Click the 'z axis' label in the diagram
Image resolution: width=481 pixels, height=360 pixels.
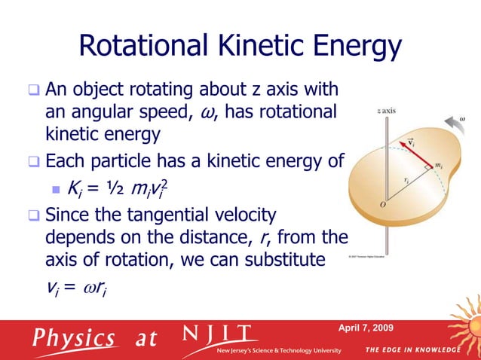(388, 110)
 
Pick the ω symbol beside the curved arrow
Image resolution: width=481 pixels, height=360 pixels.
(462, 117)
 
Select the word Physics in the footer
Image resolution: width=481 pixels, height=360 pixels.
(73, 339)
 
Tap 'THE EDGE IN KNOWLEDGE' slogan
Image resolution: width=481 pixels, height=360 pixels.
(412, 350)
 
